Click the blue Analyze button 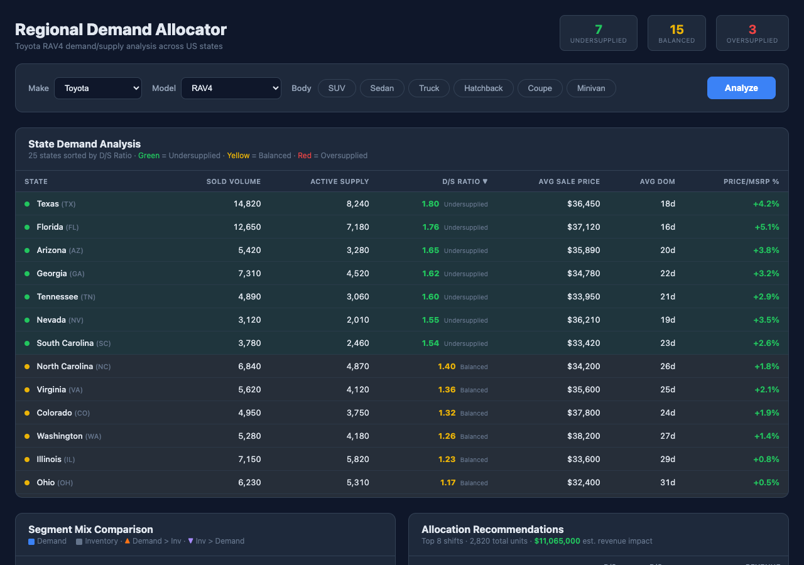coord(741,88)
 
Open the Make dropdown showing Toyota coord(98,88)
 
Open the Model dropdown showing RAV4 coord(231,88)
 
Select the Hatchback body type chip coord(483,88)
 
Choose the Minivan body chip coord(590,88)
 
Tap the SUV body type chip coord(337,88)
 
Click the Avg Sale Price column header coord(568,181)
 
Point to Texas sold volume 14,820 coord(247,204)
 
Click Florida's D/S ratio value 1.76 coord(430,227)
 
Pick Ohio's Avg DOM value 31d coord(667,483)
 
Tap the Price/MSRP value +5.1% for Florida coord(766,227)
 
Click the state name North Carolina coord(65,367)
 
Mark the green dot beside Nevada coord(27,320)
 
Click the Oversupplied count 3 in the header coord(752,30)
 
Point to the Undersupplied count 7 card coord(598,33)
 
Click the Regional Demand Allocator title coord(121,30)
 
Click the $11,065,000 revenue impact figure coord(557,541)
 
